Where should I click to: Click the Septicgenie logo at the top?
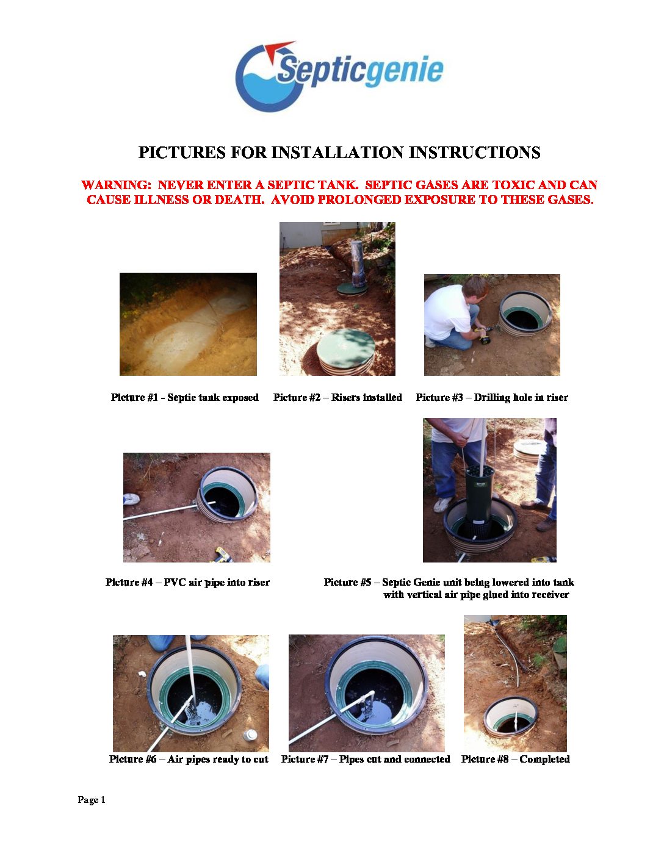(x=339, y=76)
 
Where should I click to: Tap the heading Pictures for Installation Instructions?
(x=339, y=153)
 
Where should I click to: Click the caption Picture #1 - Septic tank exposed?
(x=185, y=397)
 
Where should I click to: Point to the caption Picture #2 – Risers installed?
(x=337, y=397)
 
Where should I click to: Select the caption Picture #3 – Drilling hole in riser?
(x=491, y=397)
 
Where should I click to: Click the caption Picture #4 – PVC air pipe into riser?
(x=187, y=582)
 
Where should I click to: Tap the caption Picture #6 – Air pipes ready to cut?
(x=189, y=759)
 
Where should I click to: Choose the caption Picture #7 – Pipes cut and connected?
(x=366, y=759)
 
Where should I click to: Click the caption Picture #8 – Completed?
(x=515, y=759)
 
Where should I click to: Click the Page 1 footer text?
(x=92, y=800)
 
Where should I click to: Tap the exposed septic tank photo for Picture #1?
(x=188, y=324)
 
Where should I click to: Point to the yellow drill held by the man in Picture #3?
(x=485, y=335)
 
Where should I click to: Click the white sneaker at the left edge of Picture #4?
(x=131, y=499)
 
